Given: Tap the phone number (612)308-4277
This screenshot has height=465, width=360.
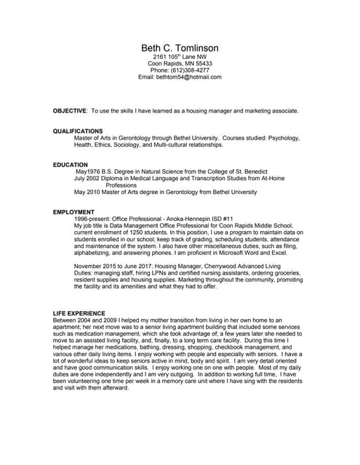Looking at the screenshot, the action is point(192,70).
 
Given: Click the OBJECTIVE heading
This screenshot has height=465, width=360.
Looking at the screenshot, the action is point(70,110).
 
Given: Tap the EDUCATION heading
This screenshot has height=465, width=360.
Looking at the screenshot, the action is point(71,165).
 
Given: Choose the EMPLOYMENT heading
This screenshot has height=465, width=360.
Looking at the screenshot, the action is point(74,212).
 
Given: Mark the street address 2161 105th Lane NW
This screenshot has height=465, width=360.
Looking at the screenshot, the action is point(180,57).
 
